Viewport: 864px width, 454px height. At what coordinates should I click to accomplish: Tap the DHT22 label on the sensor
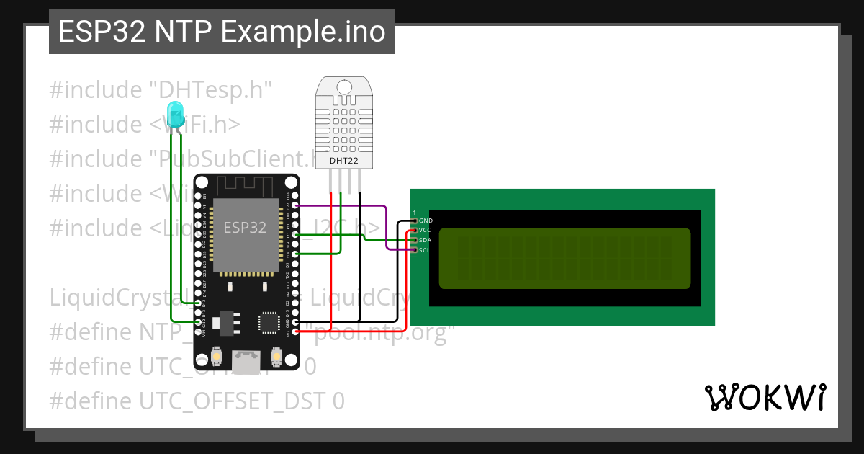343,160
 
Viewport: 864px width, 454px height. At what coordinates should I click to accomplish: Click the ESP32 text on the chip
245,228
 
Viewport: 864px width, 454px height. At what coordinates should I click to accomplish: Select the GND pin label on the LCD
426,220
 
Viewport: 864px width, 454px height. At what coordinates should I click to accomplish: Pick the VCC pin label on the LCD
426,230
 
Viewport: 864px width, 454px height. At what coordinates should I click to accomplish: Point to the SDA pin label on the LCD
426,240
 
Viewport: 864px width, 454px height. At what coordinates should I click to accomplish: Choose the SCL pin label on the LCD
425,250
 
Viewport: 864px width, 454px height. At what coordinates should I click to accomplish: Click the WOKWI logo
765,397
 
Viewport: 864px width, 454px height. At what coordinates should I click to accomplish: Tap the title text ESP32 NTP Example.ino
221,32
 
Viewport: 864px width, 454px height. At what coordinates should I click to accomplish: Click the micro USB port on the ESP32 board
246,361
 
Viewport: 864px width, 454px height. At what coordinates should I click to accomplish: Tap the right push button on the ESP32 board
276,356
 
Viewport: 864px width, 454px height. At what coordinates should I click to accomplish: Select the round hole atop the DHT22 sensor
344,86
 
